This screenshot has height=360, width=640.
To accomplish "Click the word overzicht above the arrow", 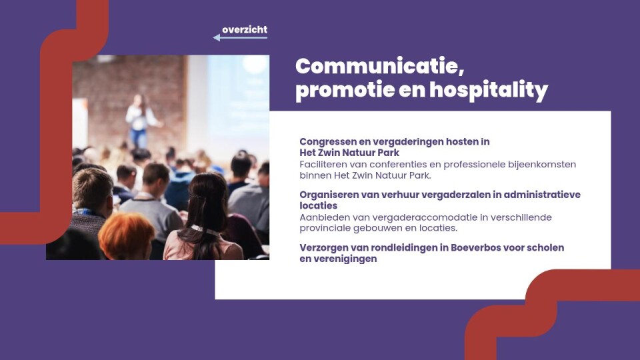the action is click(x=245, y=29).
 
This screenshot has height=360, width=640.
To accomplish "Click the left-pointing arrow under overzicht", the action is click(x=240, y=37).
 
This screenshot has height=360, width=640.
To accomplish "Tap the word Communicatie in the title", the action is click(x=379, y=67).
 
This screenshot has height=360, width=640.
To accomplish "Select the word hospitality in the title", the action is click(x=489, y=91).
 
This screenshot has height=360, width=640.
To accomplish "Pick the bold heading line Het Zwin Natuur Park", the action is click(x=349, y=153).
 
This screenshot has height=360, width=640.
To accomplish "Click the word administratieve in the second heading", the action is click(x=542, y=195).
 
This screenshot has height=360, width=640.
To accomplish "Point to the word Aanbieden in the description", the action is click(x=321, y=217).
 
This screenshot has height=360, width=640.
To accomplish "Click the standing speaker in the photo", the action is click(x=139, y=121).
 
